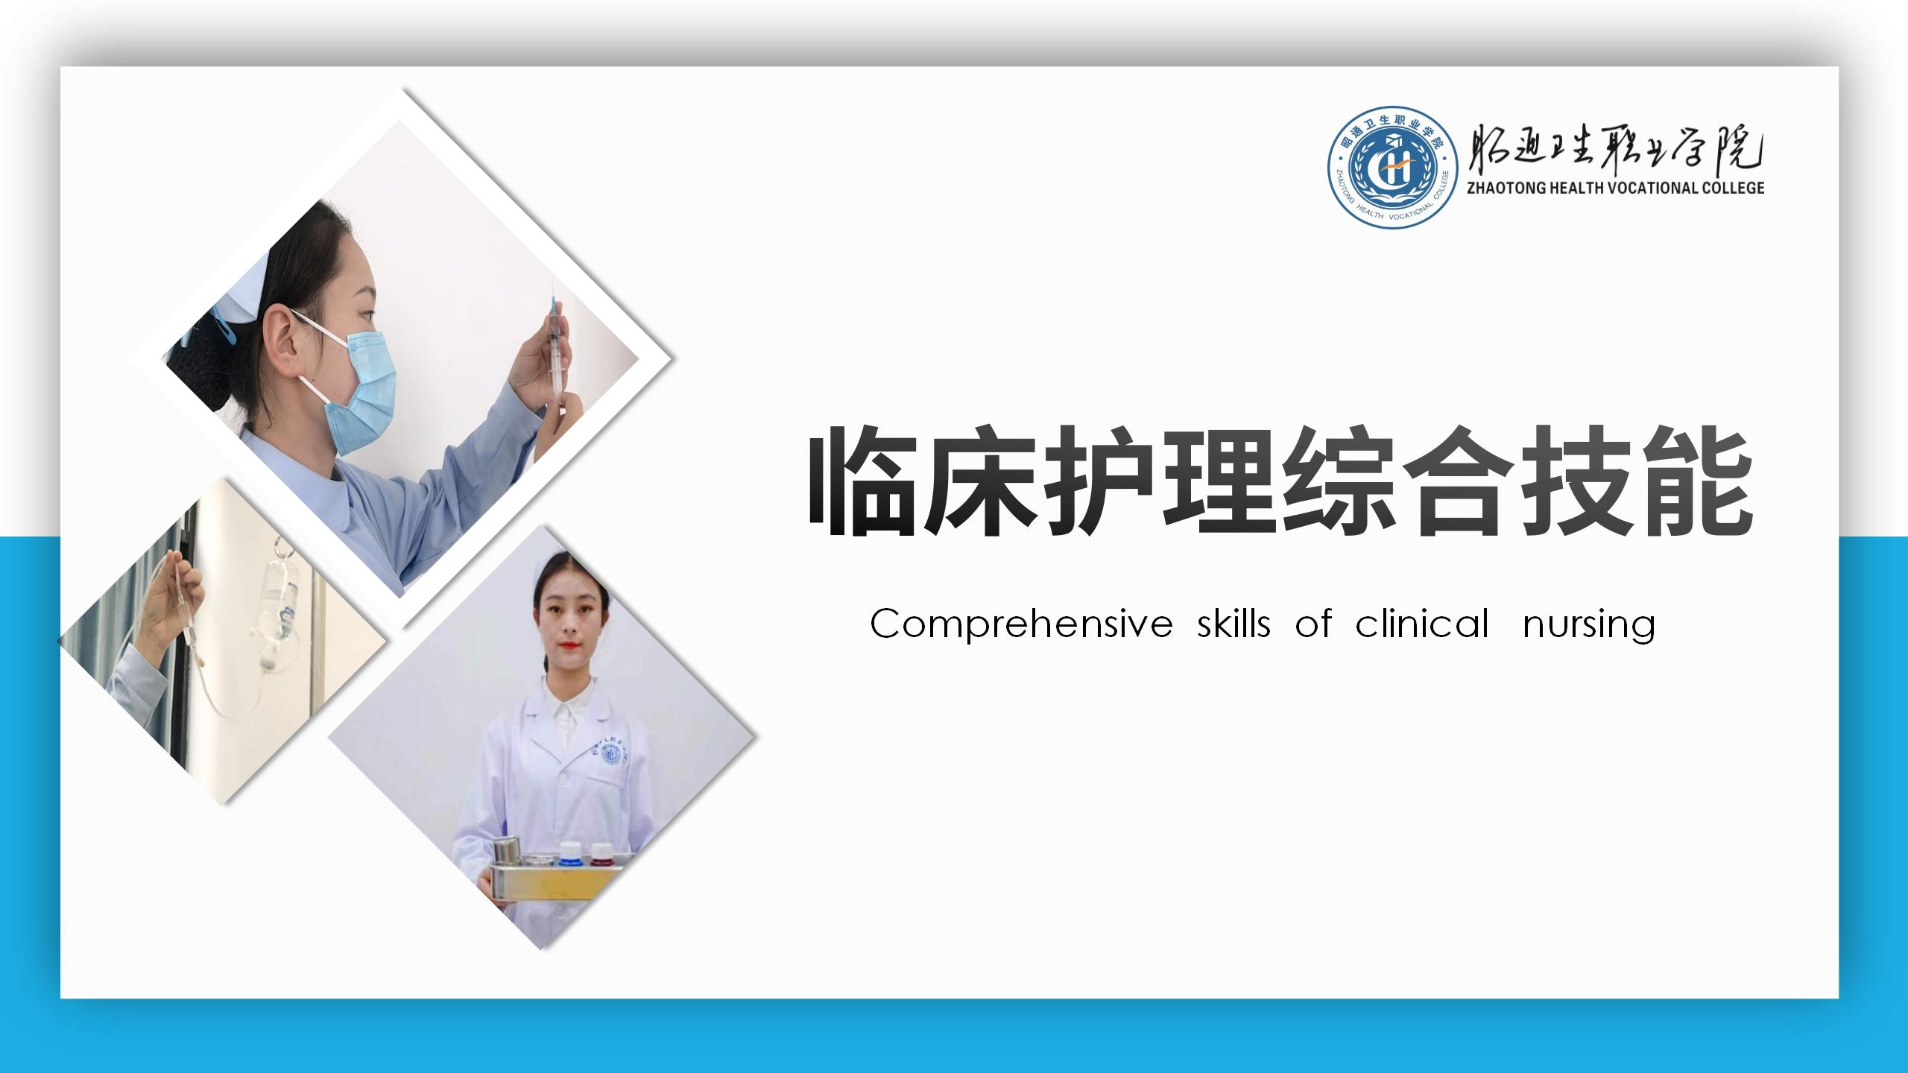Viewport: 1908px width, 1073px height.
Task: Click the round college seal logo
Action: click(1393, 167)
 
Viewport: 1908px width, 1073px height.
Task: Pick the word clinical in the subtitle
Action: click(1422, 623)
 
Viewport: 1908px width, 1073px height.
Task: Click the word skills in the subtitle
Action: click(1233, 623)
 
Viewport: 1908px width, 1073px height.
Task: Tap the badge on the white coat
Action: click(611, 754)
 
